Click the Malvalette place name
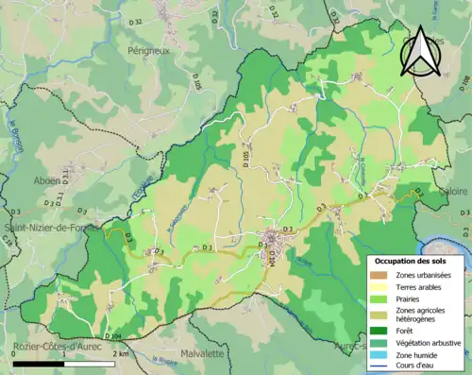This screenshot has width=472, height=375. point(202,353)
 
